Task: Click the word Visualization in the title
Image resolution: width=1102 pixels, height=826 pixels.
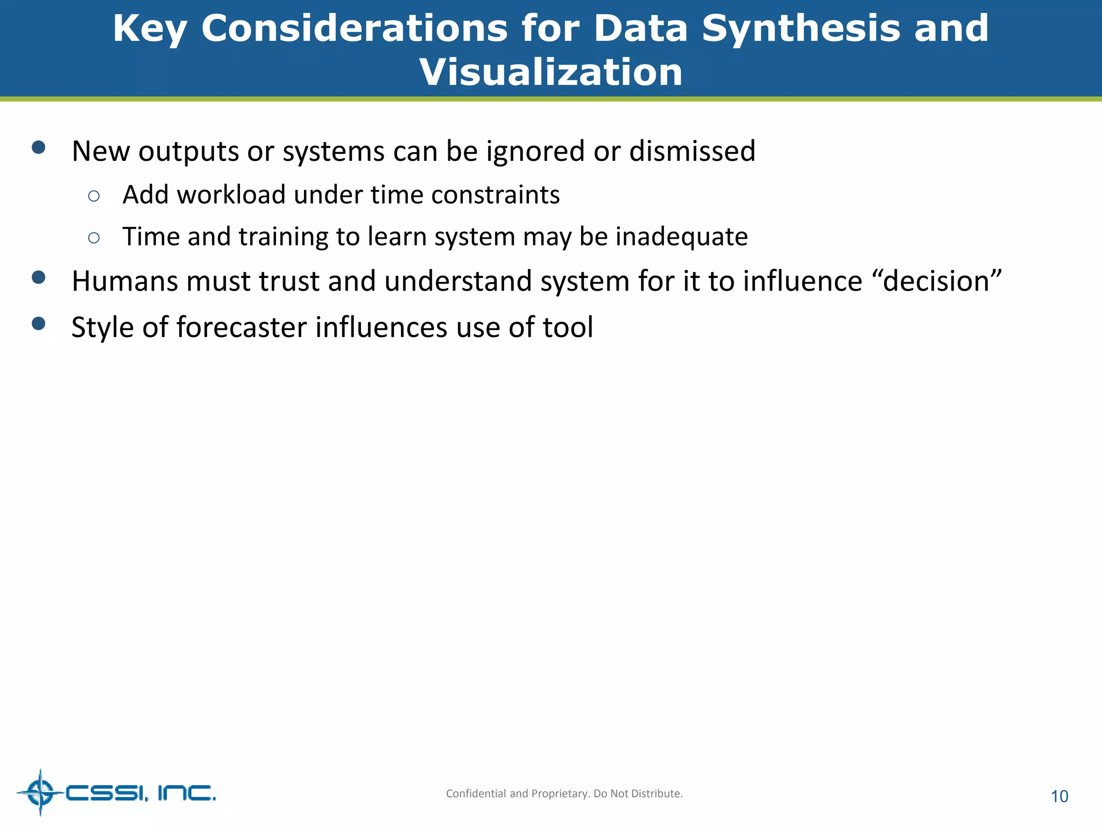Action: (x=551, y=72)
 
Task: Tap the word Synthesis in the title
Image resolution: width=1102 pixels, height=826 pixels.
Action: (x=801, y=28)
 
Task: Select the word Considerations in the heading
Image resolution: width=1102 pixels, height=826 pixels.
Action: (x=354, y=28)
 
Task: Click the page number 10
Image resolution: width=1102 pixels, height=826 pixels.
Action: (x=1059, y=796)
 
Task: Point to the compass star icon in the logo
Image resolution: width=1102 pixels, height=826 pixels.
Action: (x=40, y=792)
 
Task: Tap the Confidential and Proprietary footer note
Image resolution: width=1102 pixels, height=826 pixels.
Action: (x=564, y=793)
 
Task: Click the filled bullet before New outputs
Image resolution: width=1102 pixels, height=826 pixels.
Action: (x=38, y=147)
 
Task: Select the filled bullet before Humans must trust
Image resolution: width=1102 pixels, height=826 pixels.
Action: (x=38, y=277)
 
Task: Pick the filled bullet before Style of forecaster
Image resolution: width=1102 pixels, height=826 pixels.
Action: (x=38, y=323)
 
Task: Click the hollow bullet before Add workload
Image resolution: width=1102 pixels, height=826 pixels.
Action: (x=94, y=196)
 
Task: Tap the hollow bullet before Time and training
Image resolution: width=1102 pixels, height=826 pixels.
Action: (x=94, y=238)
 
